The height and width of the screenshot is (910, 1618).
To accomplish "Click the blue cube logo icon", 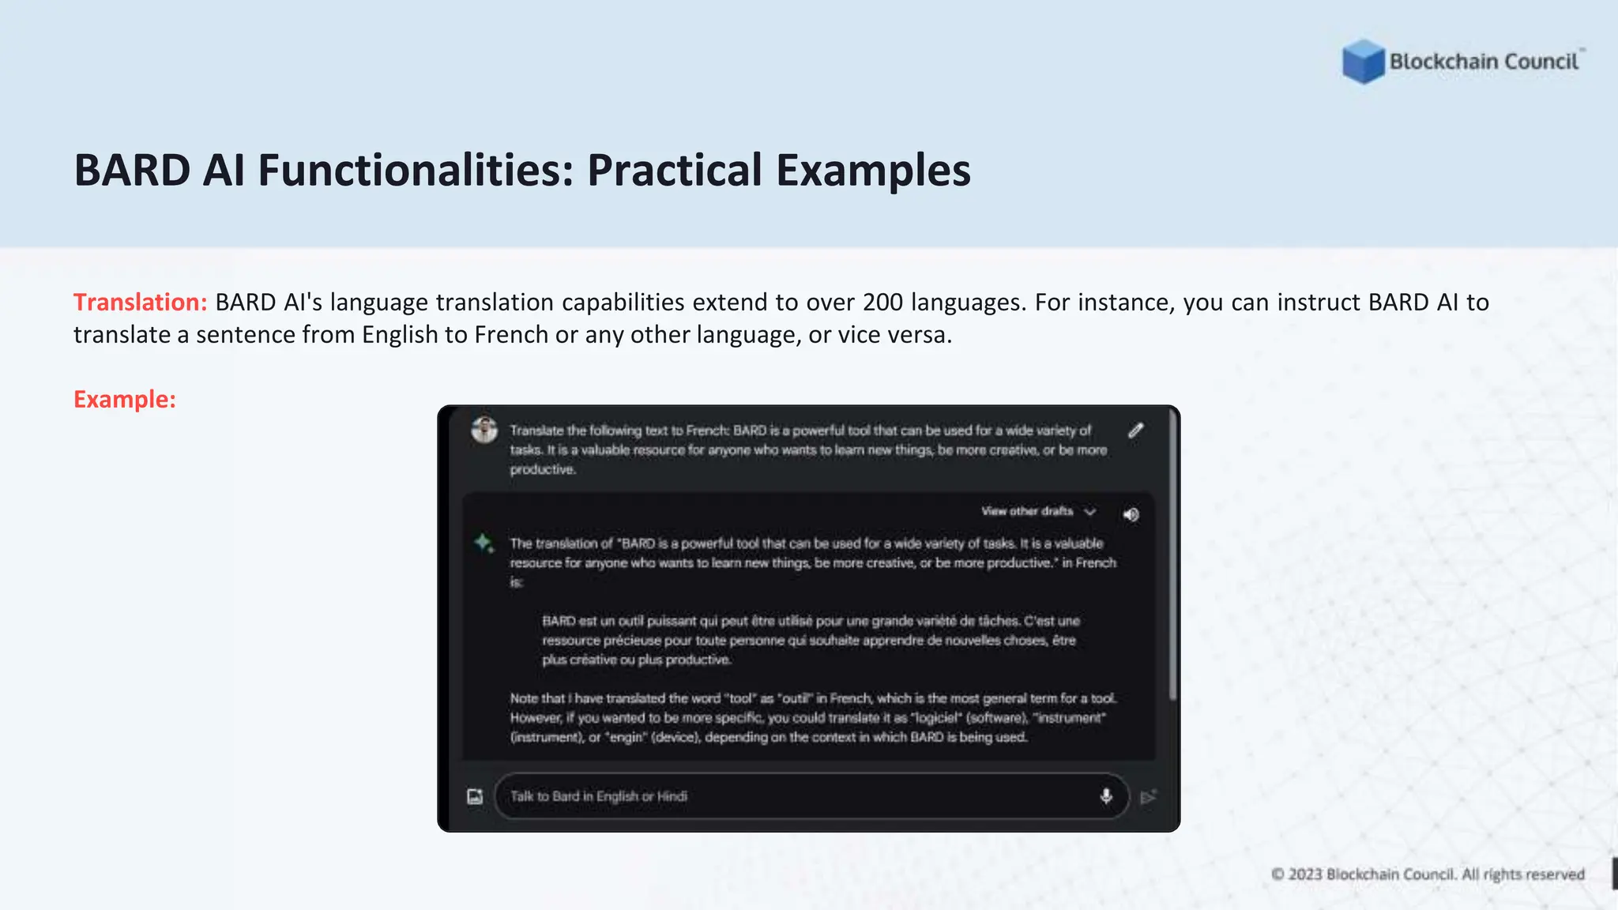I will click(1363, 62).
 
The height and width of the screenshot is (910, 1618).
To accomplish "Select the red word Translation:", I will click(140, 303).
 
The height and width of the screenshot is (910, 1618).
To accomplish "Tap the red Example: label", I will click(125, 400).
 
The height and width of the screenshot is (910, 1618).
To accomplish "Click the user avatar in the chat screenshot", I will click(484, 431).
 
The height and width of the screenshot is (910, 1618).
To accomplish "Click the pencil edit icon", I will click(1135, 431).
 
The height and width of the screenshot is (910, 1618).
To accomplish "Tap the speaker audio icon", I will click(1131, 515).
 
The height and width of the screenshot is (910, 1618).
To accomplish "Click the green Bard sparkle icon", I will click(484, 543).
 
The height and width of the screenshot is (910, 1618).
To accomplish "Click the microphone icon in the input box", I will click(1106, 796).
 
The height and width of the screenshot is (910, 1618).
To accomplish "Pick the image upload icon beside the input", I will click(475, 796).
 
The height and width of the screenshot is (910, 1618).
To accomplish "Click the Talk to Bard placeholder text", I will click(599, 796).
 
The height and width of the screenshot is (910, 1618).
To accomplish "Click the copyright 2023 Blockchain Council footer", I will click(1428, 874).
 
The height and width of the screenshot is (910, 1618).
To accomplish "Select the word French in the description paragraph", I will click(510, 335).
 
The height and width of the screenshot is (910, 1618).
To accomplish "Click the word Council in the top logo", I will click(1541, 62).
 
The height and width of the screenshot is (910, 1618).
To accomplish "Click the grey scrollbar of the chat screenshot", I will click(1173, 553).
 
